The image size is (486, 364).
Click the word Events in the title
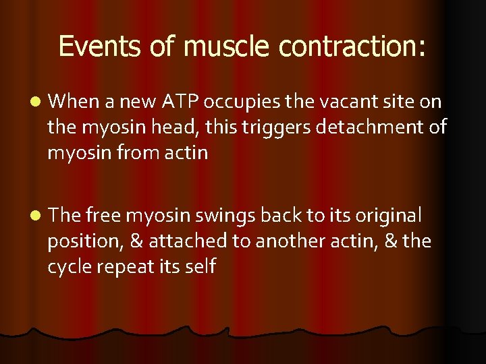pyautogui.click(x=99, y=47)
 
